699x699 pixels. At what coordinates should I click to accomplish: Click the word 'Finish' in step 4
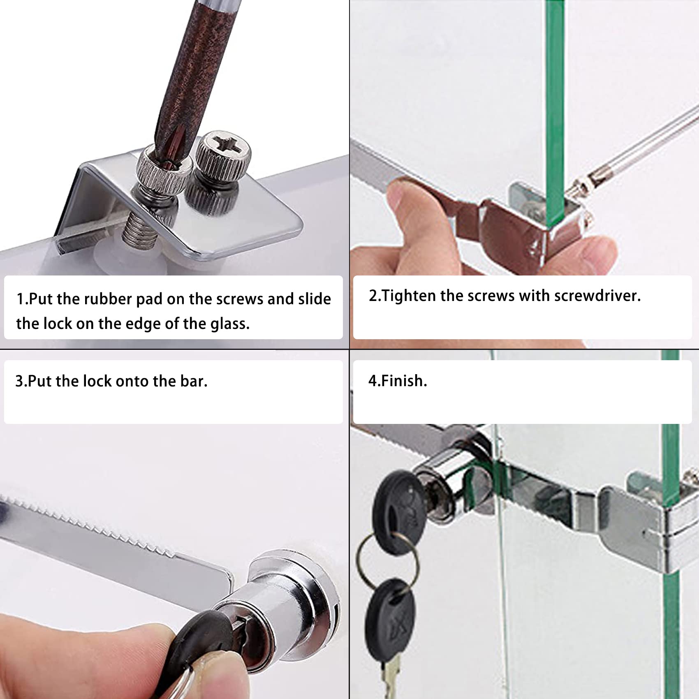point(402,381)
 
